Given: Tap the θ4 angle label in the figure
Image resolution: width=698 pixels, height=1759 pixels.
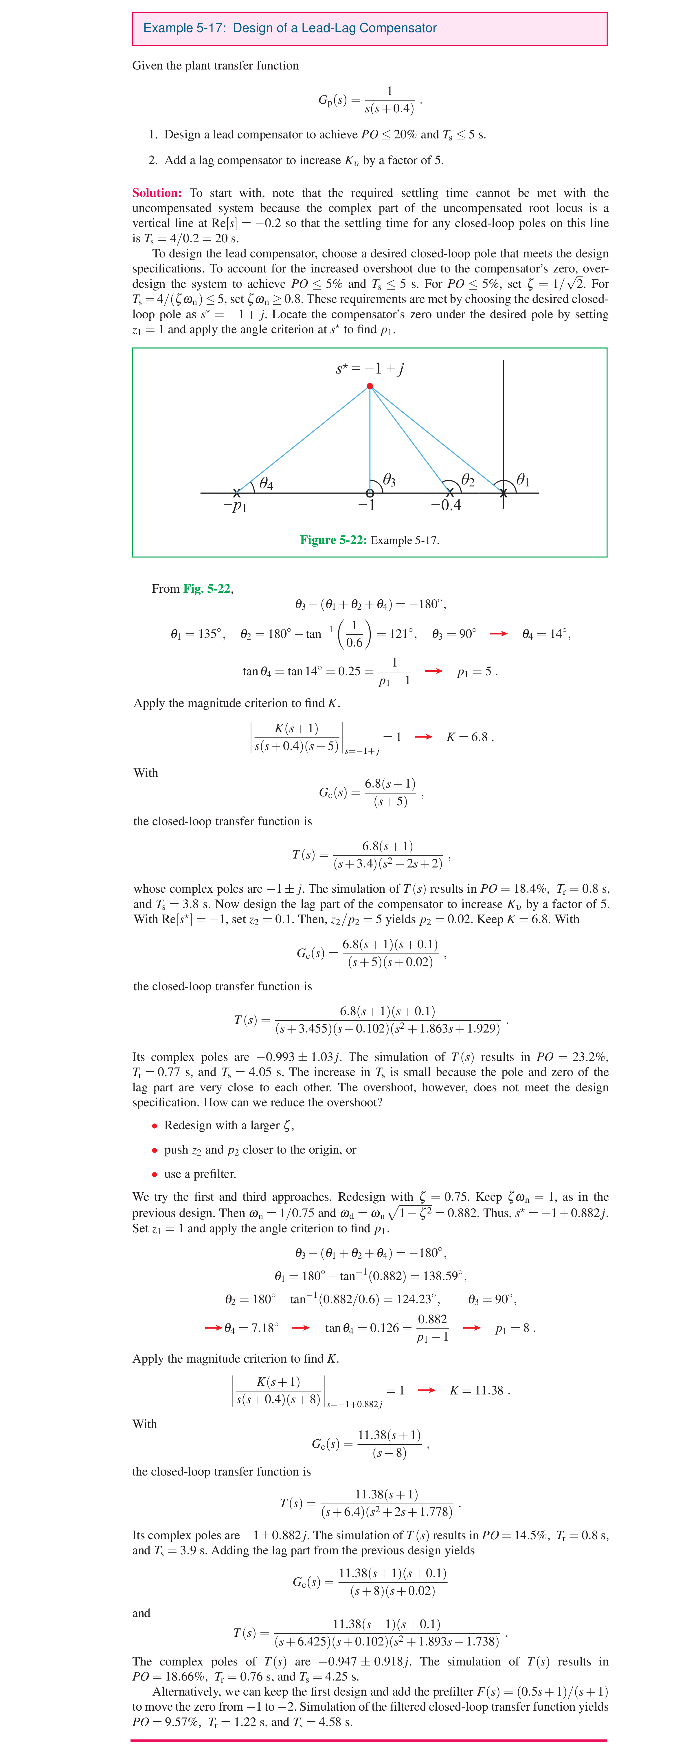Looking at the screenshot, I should pos(266,484).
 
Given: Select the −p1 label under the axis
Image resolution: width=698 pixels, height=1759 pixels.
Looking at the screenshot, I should pos(235,506).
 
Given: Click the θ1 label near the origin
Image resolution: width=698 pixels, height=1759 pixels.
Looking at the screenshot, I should pos(523,480).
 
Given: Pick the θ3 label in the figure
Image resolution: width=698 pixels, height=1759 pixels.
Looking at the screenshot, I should pos(389,480).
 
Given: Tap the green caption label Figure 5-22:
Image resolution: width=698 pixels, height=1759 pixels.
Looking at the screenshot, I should pos(333,540).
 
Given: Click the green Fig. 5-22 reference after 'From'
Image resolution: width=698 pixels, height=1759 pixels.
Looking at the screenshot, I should pos(207,589).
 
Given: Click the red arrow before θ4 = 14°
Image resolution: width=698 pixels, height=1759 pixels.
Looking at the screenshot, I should pos(499,634).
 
